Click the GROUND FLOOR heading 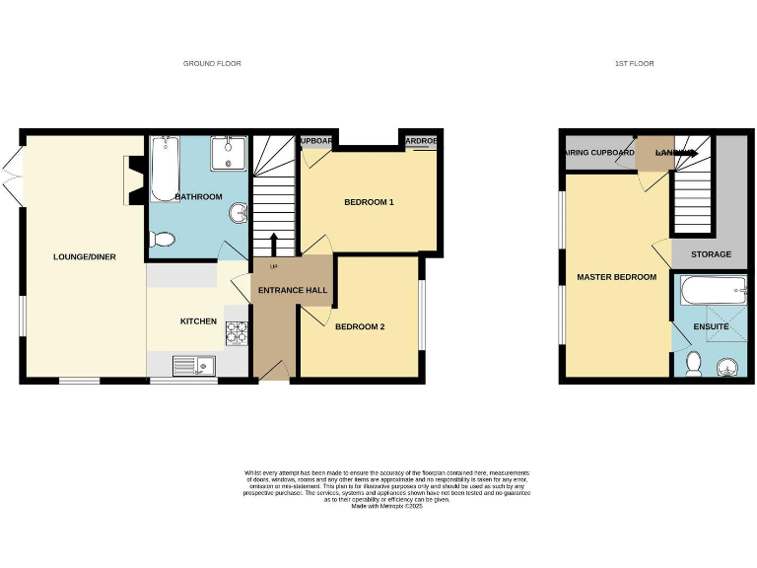(212, 63)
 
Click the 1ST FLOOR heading (634, 63)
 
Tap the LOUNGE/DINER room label (85, 257)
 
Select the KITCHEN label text (197, 321)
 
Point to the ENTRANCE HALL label (292, 290)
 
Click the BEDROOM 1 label (369, 203)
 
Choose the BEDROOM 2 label (360, 326)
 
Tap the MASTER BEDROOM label (616, 277)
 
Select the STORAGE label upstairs (711, 254)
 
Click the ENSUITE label (711, 326)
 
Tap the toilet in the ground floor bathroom (163, 239)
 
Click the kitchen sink (194, 366)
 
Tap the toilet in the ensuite (693, 364)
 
